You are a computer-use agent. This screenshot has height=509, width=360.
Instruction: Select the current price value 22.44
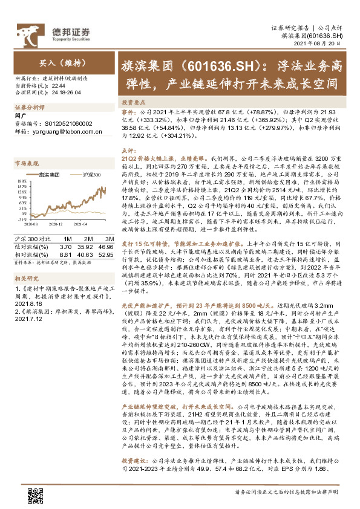coord(50,86)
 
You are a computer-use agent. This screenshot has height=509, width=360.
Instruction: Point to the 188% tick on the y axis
coord(21,181)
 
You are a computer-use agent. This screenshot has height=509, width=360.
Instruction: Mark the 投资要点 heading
coord(133,103)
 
